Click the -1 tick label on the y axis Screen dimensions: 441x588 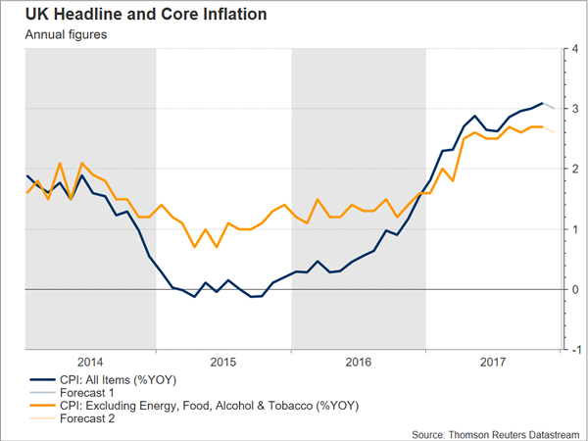(575, 350)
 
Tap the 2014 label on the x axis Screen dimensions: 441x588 (89, 362)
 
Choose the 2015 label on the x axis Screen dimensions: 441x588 (224, 362)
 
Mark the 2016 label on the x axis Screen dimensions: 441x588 (360, 362)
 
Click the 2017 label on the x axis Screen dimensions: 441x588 (494, 362)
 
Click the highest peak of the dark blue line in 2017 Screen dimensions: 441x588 (542, 103)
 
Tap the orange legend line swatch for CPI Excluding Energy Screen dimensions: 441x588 (40, 405)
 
